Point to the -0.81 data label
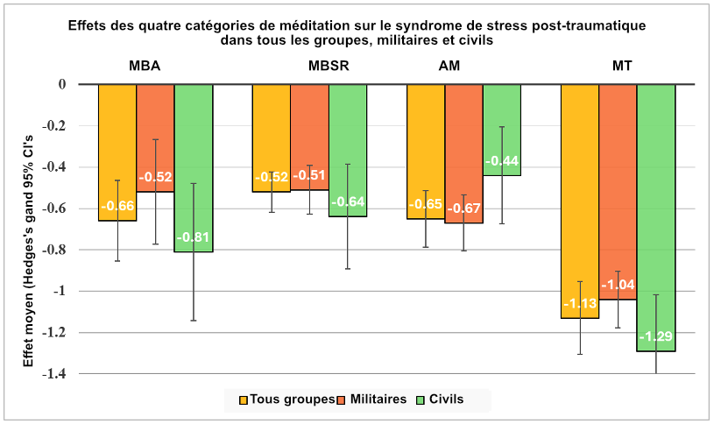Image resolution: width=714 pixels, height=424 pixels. click(194, 237)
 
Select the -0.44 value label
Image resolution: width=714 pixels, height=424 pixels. click(502, 161)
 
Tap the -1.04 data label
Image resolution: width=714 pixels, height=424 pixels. click(618, 285)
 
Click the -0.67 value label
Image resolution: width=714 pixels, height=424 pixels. click(463, 208)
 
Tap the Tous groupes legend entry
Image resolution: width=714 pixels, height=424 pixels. click(286, 399)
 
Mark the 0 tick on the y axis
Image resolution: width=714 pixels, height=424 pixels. click(62, 84)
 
